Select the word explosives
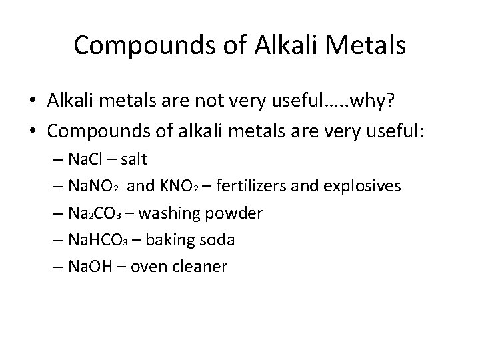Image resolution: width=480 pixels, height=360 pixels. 365,187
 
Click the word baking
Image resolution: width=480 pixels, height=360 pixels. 177,240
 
